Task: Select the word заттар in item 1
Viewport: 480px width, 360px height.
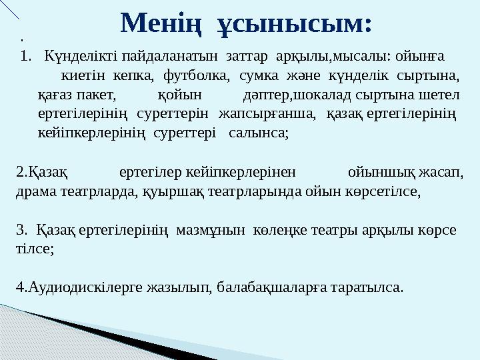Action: coord(248,54)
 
